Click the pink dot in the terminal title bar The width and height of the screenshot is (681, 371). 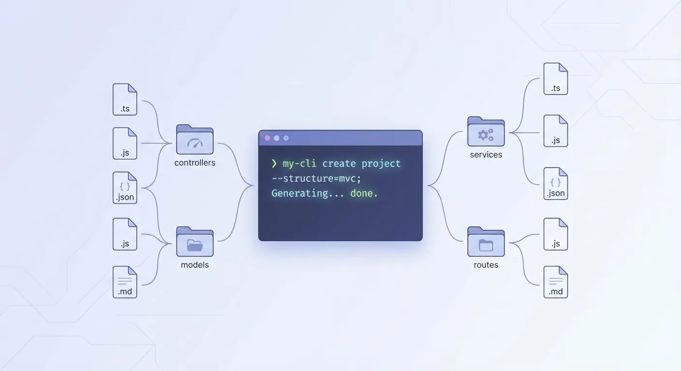(267, 138)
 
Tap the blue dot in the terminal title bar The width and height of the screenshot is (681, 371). (286, 138)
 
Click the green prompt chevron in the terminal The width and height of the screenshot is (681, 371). (274, 164)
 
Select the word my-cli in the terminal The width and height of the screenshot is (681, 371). (299, 164)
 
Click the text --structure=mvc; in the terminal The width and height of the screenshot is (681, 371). (316, 179)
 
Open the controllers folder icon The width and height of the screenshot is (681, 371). (195, 140)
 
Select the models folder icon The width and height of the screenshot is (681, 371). (195, 242)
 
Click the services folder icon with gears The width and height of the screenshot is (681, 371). (486, 131)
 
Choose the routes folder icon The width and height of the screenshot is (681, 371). (486, 242)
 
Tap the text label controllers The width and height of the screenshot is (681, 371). (195, 163)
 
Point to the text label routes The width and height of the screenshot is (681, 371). (486, 265)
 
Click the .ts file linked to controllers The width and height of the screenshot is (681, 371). (125, 100)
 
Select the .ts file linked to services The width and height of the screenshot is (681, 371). (556, 79)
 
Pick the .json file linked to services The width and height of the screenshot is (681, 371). (556, 184)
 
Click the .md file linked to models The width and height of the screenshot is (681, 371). (125, 282)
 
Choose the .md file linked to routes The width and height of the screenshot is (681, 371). (556, 282)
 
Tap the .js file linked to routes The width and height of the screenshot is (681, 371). (556, 234)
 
